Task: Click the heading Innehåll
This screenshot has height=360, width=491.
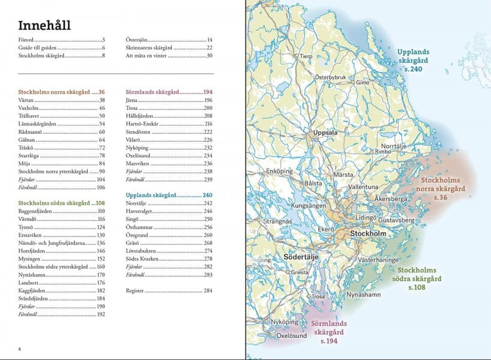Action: pos(44,25)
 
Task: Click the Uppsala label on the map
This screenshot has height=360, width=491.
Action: pos(327,133)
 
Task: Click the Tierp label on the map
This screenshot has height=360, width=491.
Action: pos(306,56)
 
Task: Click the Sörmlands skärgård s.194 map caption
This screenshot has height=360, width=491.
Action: pos(329,332)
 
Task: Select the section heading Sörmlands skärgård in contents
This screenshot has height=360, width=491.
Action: pos(152,92)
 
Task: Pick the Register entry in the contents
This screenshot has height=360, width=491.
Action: pos(136,290)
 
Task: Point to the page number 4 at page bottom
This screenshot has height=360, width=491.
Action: pos(20,349)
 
